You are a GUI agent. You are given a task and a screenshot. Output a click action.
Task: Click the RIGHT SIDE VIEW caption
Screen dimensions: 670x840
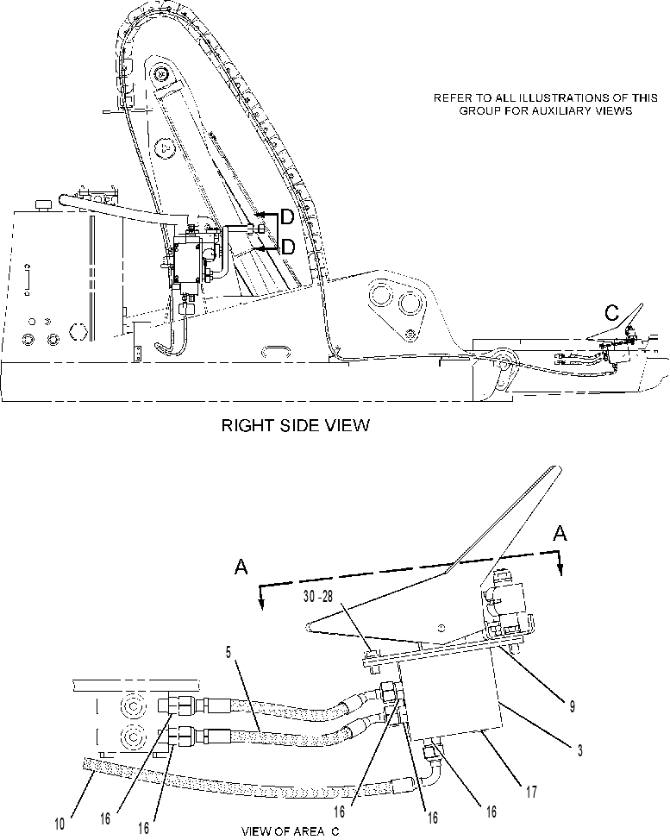[295, 425]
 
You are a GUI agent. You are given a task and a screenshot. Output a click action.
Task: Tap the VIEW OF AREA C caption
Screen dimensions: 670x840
[291, 831]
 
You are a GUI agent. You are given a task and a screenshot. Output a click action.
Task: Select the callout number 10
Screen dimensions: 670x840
[59, 824]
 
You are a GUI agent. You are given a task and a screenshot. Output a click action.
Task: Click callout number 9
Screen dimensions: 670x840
[572, 706]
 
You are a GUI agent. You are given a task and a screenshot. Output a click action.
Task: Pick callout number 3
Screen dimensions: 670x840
[580, 750]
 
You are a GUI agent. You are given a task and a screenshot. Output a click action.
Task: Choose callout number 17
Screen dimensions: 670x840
[531, 791]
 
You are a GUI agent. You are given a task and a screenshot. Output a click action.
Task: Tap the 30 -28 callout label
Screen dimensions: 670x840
[318, 597]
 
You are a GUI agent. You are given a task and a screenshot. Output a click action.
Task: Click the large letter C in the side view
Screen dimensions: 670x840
[611, 313]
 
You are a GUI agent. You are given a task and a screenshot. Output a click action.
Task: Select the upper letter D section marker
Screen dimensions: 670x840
[288, 217]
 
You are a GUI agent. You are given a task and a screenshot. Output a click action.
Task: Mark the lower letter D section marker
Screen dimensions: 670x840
[288, 247]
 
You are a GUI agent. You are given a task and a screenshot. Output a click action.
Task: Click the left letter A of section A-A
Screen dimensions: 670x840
[241, 567]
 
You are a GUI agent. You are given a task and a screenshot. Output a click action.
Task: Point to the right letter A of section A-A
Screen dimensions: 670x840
[560, 533]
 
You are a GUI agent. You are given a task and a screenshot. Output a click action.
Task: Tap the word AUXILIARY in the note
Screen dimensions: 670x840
[572, 111]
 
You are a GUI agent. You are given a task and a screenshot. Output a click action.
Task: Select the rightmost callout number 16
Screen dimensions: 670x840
[492, 812]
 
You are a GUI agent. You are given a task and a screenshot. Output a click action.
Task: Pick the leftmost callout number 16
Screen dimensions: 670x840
[105, 818]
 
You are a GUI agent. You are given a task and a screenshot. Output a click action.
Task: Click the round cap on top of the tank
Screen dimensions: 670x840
[42, 205]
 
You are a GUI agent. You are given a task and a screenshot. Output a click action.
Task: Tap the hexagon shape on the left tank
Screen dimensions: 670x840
[78, 332]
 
